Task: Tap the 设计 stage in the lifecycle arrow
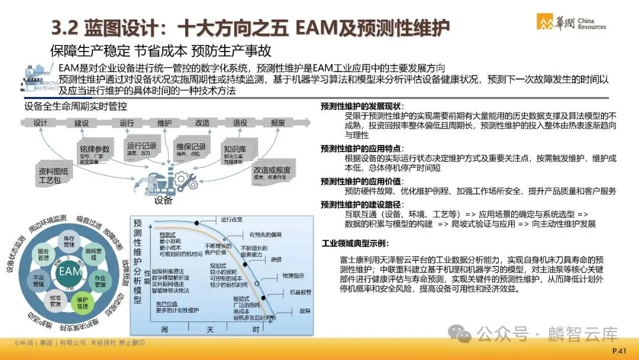click(x=40, y=123)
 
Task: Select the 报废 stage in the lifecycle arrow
click(x=277, y=123)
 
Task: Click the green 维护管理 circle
click(x=82, y=303)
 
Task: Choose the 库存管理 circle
click(x=69, y=240)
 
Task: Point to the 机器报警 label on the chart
click(x=300, y=292)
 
